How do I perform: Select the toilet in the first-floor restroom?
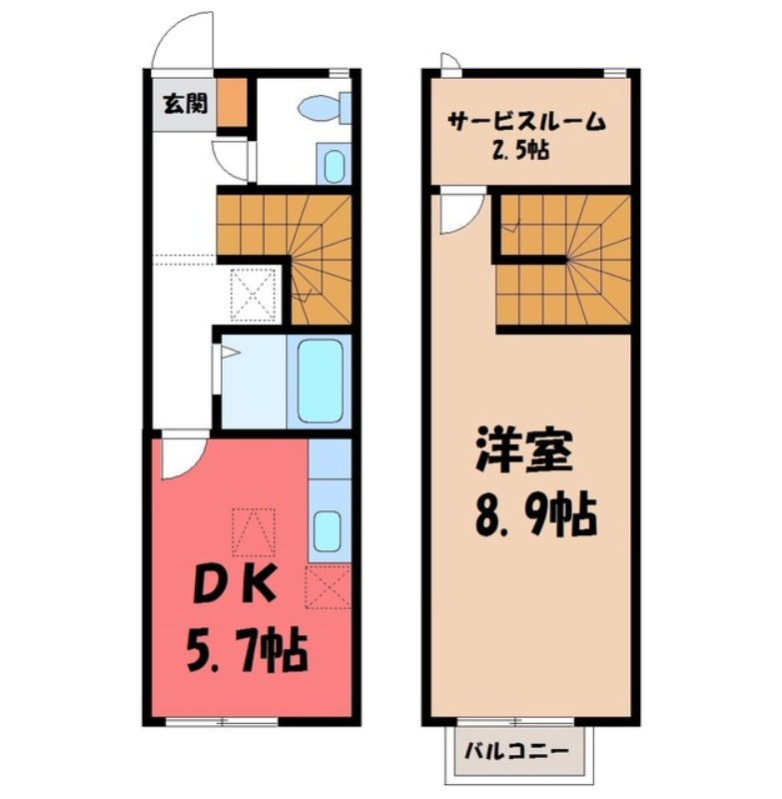point(326,106)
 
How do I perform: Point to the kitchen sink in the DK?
point(328,530)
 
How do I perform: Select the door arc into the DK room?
point(181,455)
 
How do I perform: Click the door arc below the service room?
point(460,212)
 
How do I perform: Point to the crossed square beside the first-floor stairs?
point(253,294)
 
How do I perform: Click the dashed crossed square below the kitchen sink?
point(328,586)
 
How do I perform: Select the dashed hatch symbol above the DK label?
point(254,531)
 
